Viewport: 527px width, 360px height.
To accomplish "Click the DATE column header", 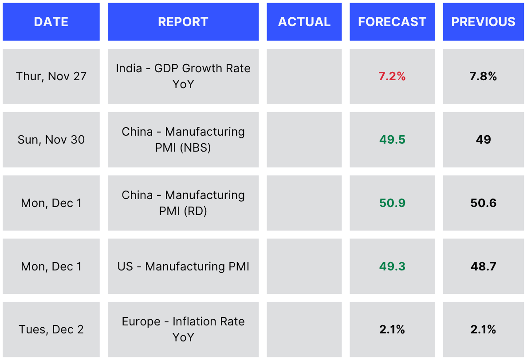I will click(51, 22).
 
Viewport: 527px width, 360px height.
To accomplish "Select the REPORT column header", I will click(183, 22).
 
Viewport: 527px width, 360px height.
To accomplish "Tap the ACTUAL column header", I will click(304, 22).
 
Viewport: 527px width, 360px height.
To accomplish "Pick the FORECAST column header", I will click(392, 22).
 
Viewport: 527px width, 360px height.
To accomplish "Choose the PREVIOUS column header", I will click(484, 22).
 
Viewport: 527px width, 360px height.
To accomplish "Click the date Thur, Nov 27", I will click(51, 76).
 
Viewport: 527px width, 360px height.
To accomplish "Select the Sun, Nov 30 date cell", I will click(51, 140).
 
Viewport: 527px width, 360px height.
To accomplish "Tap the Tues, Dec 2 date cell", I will click(51, 329).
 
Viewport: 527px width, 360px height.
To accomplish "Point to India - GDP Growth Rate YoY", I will click(183, 76).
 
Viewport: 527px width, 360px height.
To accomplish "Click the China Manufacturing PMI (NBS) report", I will click(183, 139).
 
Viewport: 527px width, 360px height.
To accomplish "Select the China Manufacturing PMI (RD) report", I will click(183, 203).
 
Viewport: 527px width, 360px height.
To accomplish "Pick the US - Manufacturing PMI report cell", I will click(183, 266).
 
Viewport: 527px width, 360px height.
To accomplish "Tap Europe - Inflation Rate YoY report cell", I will click(183, 329).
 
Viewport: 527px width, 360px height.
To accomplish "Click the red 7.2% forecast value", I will click(392, 76).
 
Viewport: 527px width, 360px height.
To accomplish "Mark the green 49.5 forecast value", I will click(392, 140).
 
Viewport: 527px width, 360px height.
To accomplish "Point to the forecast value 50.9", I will click(392, 203).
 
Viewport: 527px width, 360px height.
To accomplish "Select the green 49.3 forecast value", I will click(392, 266).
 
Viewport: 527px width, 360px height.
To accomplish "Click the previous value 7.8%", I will click(484, 76).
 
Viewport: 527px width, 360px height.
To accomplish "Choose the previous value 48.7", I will click(484, 266).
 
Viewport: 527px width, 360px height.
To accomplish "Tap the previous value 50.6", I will click(484, 203).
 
